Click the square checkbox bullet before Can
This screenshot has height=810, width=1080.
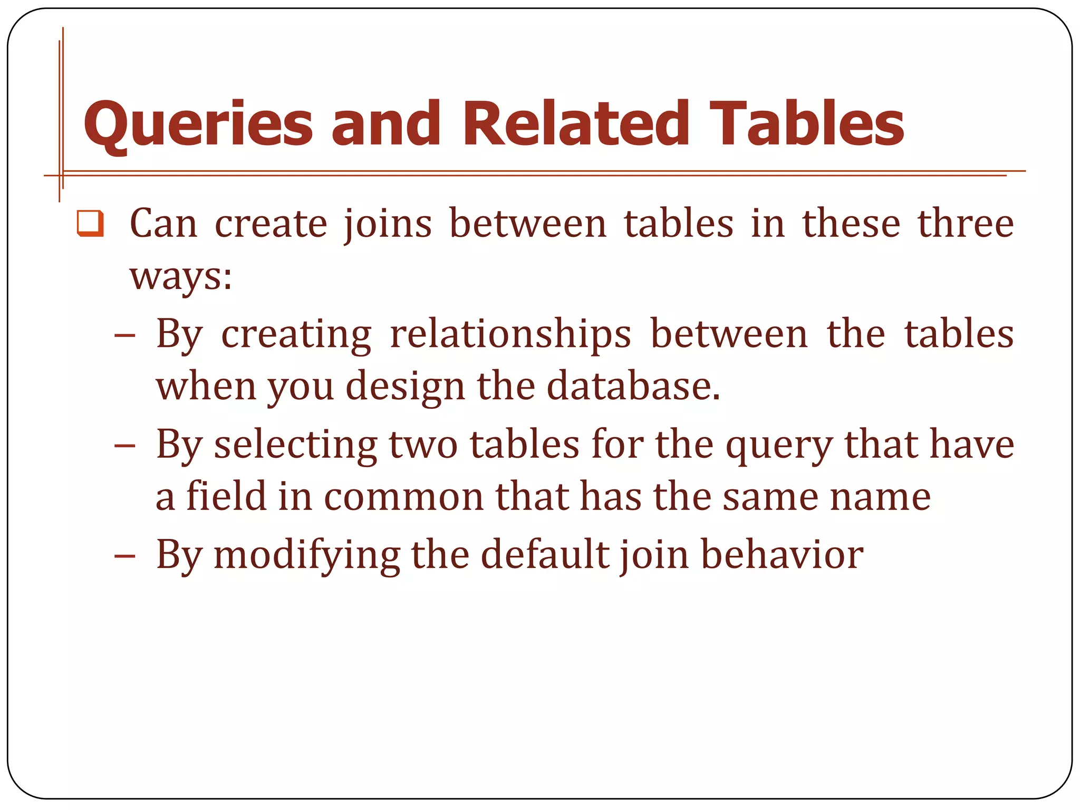90,223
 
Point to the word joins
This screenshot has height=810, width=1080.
388,225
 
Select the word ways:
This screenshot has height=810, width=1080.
181,276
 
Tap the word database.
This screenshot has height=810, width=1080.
633,386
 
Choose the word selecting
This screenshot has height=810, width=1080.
295,445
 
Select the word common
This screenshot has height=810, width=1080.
403,498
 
